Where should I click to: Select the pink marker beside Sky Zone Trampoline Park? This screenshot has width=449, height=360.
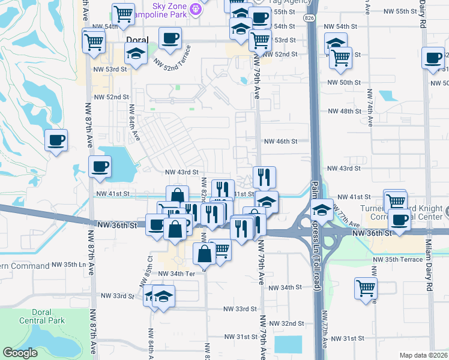(x=194, y=9)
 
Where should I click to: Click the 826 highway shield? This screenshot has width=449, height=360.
(x=309, y=19)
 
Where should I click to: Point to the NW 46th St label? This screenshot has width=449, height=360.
(x=282, y=142)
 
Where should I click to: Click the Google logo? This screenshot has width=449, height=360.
(x=20, y=353)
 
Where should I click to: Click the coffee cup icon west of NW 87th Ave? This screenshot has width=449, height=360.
(x=56, y=140)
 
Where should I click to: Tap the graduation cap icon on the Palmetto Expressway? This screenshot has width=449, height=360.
(x=322, y=210)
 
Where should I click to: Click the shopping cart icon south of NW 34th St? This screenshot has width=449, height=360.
(x=366, y=287)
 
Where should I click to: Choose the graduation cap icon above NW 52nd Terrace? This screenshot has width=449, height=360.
(x=136, y=54)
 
